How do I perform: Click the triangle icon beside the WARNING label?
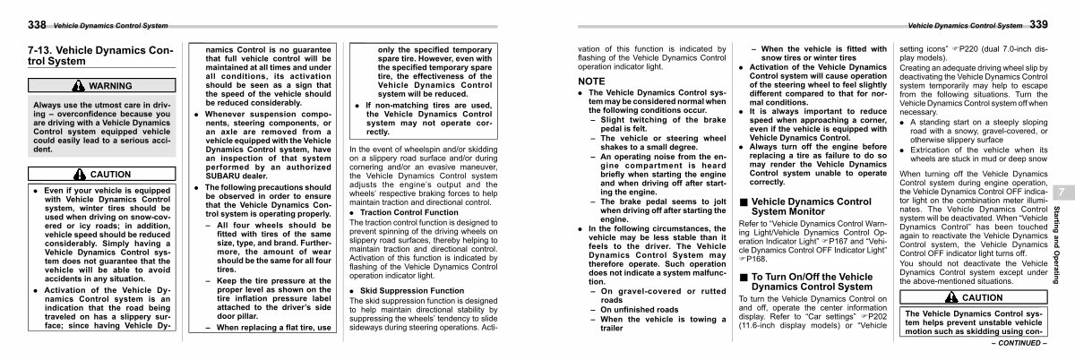(80, 86)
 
